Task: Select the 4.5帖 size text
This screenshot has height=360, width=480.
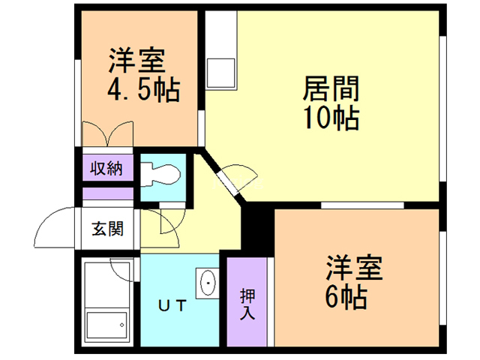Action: pos(142,90)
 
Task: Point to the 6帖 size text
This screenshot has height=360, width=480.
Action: pos(346,297)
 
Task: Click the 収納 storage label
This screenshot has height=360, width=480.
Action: pos(107,167)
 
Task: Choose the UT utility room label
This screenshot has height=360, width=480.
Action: pos(173,305)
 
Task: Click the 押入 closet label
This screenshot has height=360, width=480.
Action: pos(247,303)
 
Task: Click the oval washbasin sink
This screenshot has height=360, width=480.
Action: pos(207,283)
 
